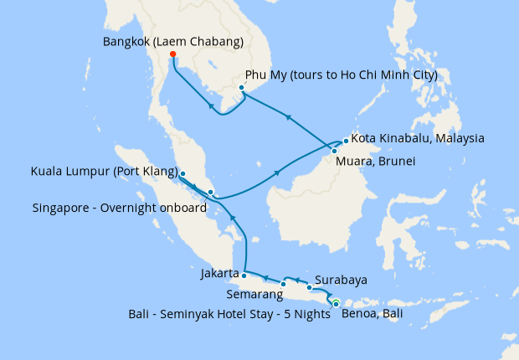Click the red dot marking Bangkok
[x=173, y=55]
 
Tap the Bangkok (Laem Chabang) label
[x=173, y=41]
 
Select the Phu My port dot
[x=241, y=87]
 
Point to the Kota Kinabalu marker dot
[x=346, y=141]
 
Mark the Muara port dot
[x=335, y=151]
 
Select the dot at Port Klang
[x=182, y=174]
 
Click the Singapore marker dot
[x=210, y=193]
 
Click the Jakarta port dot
[x=244, y=274]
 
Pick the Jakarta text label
[x=220, y=273]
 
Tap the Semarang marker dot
[x=284, y=284]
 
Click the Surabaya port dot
[x=309, y=288]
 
